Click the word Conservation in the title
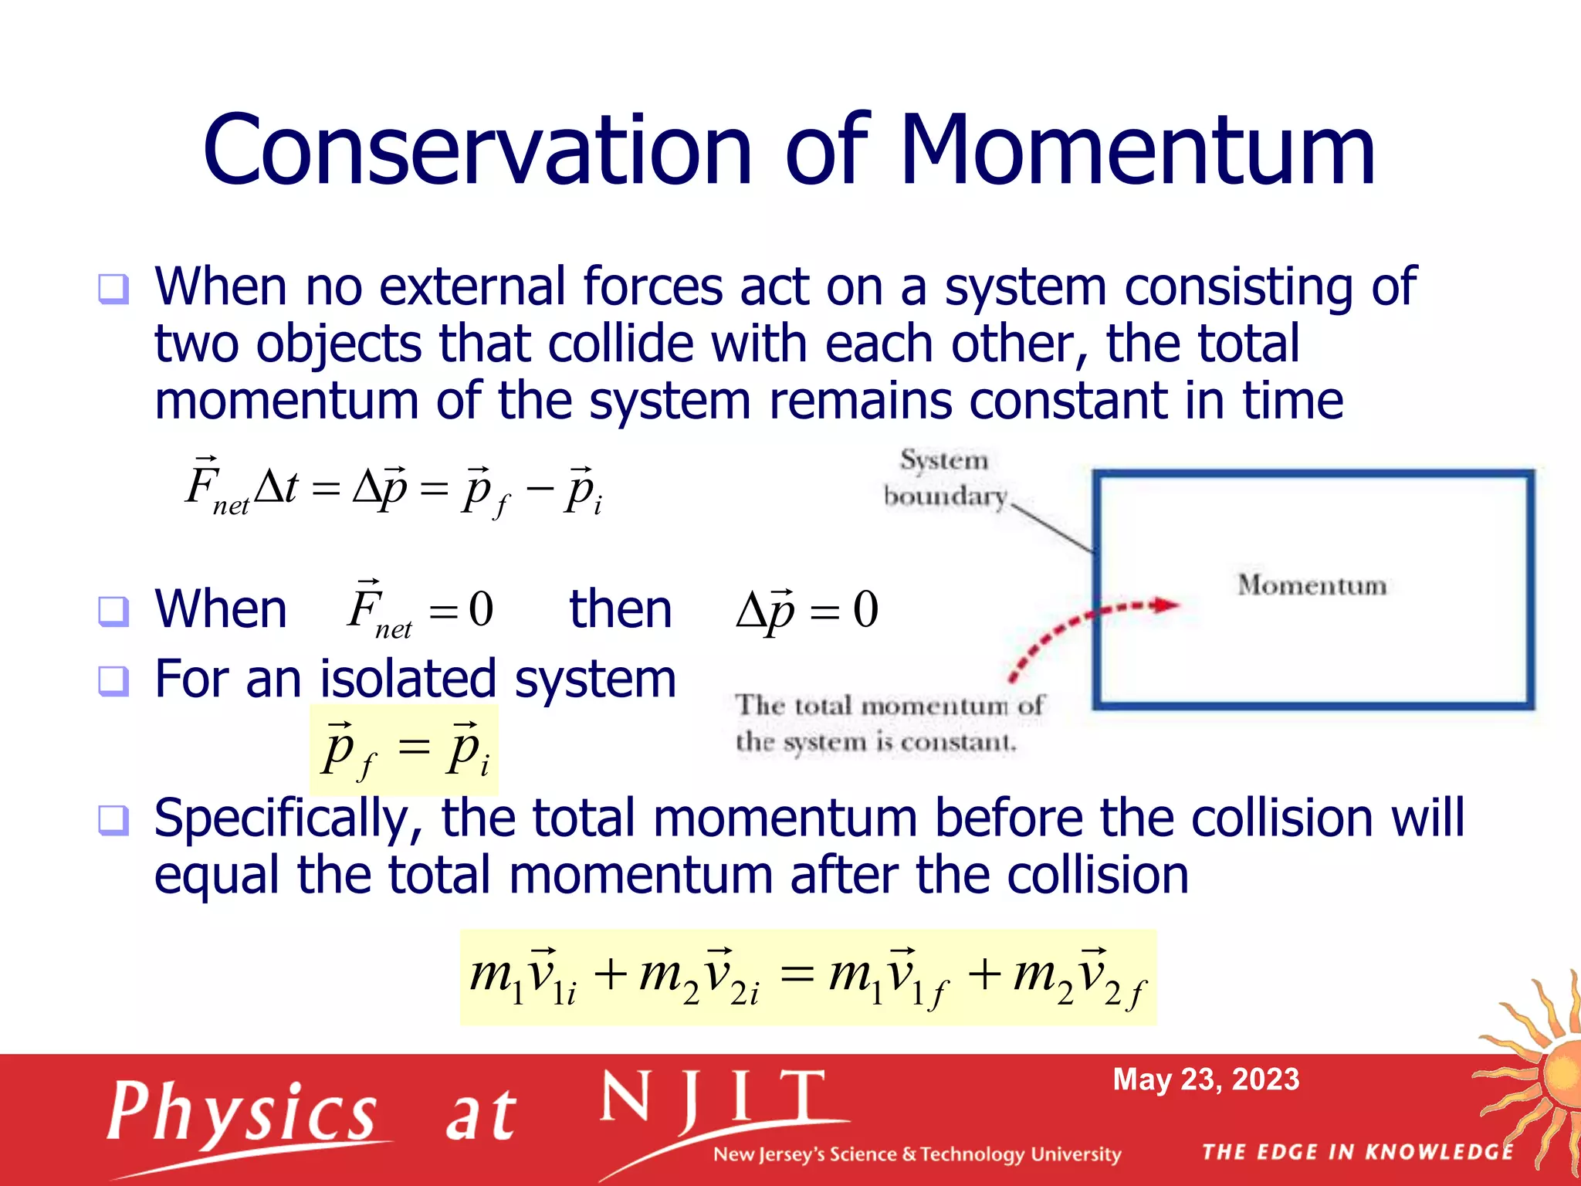tap(477, 151)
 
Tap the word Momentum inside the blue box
tap(1312, 585)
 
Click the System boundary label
tap(944, 478)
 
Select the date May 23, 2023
tap(1206, 1079)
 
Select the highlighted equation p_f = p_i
tap(405, 749)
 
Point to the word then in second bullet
tap(621, 609)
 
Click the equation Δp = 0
tap(807, 610)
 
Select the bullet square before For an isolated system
tap(113, 681)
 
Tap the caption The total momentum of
tap(889, 706)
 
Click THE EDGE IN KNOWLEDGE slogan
tap(1357, 1152)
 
